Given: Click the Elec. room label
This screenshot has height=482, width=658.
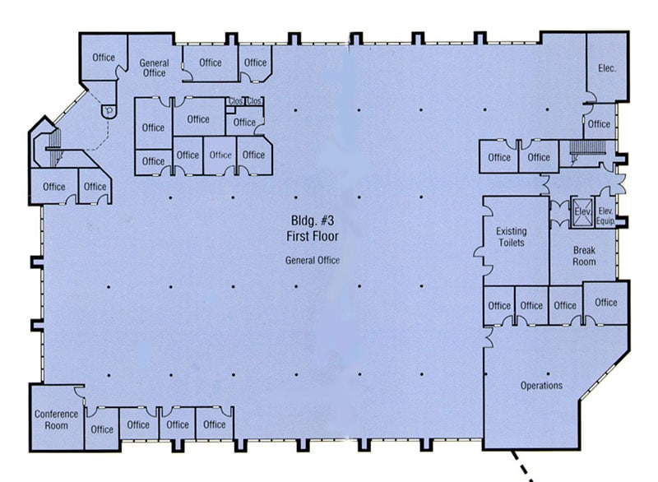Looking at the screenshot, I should tap(607, 68).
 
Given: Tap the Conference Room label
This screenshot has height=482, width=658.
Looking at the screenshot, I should tap(55, 419).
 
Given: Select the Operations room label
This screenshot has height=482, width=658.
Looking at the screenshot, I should tap(541, 386).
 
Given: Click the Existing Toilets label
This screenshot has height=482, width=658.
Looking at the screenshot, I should tap(511, 237).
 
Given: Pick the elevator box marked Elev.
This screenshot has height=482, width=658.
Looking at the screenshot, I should tap(582, 210).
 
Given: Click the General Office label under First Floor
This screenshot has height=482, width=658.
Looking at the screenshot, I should tap(312, 261).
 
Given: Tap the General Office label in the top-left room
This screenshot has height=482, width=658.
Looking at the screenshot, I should tap(153, 67).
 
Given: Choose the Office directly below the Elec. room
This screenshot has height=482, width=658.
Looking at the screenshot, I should tap(599, 124).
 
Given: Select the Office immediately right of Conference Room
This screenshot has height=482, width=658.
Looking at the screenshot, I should tap(102, 429).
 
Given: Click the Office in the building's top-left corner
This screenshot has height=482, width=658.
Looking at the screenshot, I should tap(104, 58).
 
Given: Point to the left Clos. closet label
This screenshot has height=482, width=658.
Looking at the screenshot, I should tap(236, 101).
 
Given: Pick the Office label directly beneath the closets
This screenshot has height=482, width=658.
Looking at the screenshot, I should tap(244, 123).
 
